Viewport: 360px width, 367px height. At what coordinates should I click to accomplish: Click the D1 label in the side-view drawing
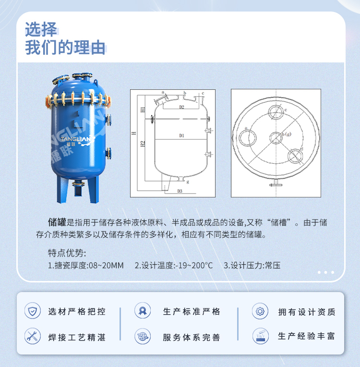pos(182,136)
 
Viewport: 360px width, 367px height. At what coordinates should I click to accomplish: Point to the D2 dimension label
pos(182,107)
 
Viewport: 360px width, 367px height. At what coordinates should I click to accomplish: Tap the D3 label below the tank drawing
pos(180,191)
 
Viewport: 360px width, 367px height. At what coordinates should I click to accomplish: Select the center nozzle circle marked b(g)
pos(276,138)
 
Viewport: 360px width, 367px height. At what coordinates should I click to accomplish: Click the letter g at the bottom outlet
pos(188,182)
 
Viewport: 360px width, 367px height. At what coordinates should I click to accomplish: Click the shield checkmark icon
pos(33,311)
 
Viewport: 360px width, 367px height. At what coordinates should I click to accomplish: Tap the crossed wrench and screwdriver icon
pos(33,336)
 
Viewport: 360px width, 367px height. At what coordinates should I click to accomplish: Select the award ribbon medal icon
pos(143,311)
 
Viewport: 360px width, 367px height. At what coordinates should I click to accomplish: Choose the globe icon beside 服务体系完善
pos(143,336)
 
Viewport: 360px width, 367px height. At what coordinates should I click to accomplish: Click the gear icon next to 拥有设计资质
pos(260,311)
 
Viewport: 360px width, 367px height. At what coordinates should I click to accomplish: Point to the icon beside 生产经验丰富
pos(260,336)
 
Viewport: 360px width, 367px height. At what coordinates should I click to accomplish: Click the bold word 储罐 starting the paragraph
pos(57,222)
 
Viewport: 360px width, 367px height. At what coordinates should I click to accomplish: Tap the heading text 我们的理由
pos(65,48)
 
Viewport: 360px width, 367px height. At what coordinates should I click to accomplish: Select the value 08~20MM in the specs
pos(107,265)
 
